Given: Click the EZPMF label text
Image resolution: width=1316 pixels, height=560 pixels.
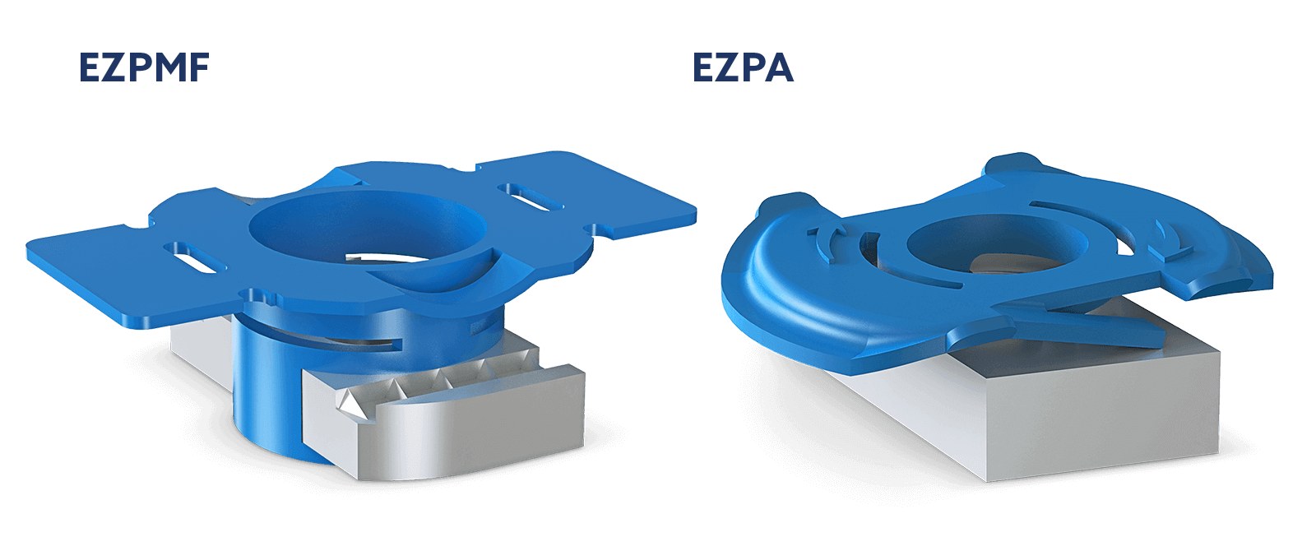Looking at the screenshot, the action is tap(145, 67).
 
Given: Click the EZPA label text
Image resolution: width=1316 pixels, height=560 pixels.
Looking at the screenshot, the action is tap(744, 67).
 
